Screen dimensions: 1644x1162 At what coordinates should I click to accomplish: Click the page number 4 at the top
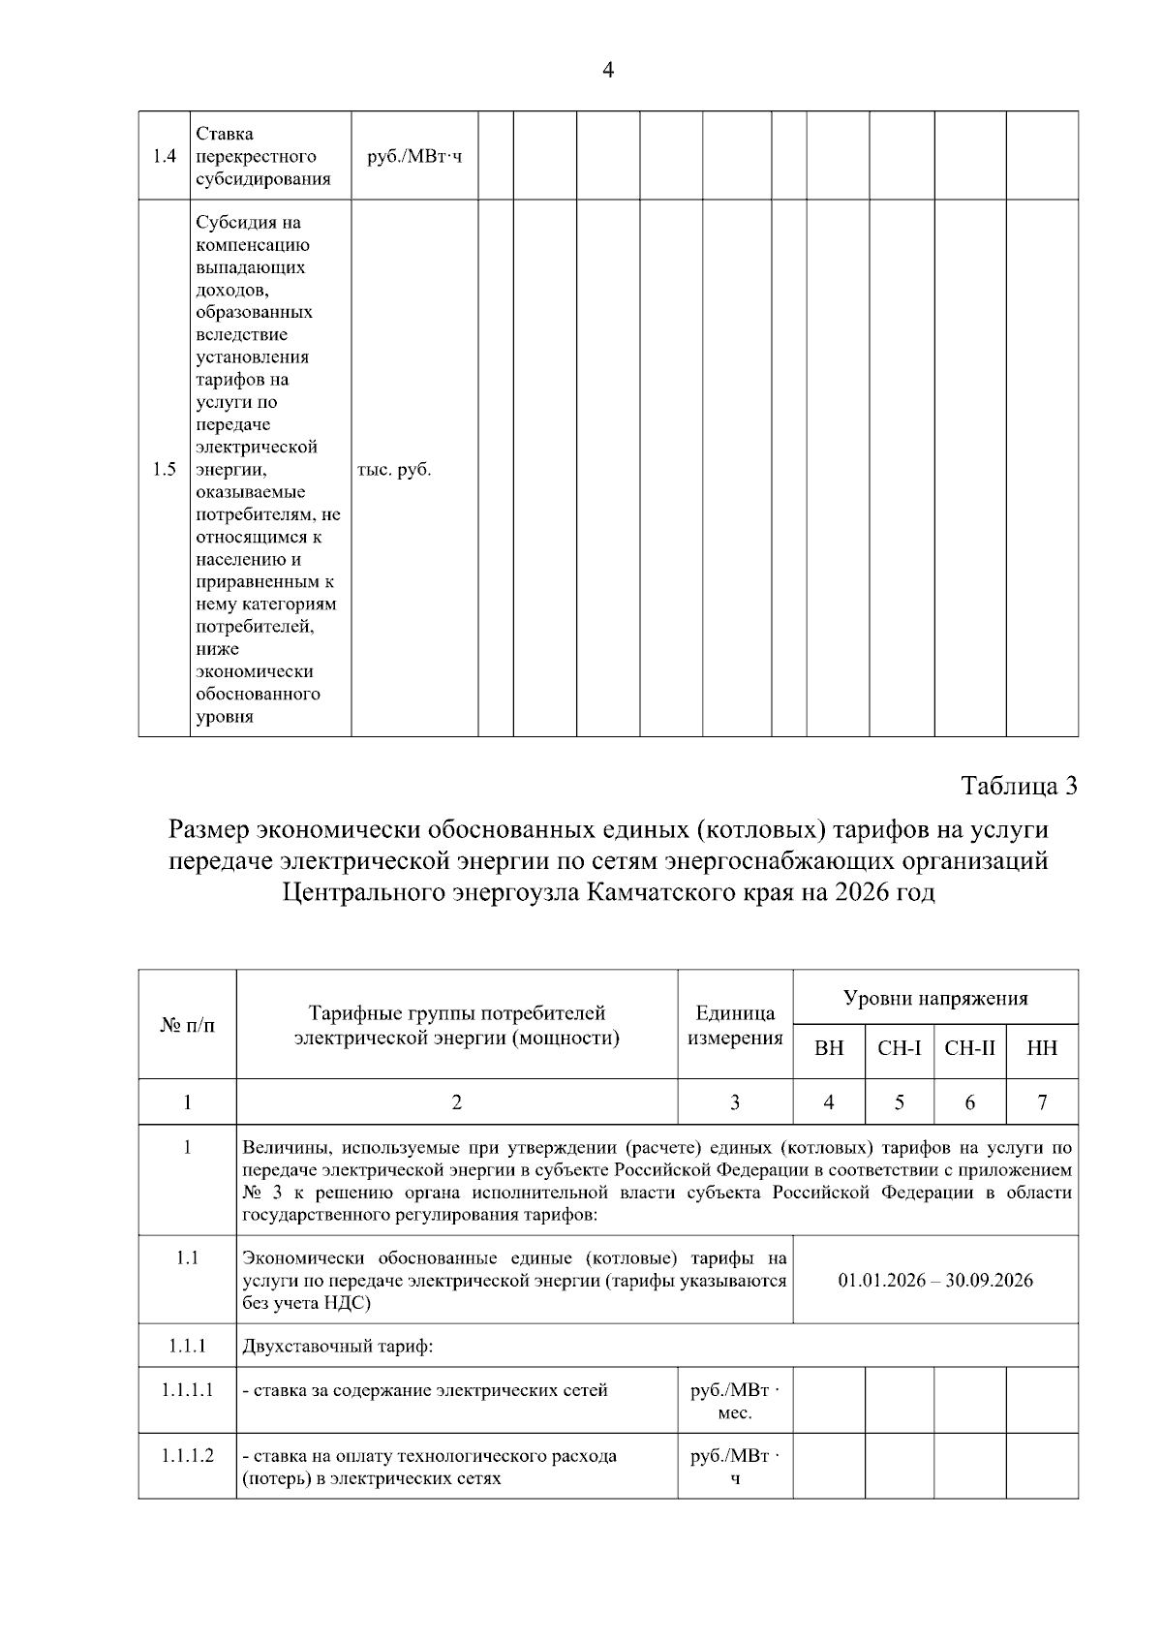click(x=608, y=70)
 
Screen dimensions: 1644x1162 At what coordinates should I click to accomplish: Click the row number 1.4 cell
click(x=164, y=156)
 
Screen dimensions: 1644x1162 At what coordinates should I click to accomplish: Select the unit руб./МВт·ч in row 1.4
click(x=414, y=156)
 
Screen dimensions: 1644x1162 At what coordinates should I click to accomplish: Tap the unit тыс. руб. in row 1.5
click(x=394, y=470)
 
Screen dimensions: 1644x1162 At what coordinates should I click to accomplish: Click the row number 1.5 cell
click(x=164, y=470)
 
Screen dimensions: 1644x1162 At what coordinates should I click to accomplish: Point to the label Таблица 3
click(x=1019, y=786)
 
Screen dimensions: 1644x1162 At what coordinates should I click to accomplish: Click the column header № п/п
click(x=187, y=1024)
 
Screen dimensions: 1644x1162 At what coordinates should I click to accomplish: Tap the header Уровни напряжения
click(x=935, y=998)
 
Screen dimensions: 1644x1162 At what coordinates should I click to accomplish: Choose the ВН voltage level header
click(x=829, y=1048)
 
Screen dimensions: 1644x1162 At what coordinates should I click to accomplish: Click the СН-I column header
click(x=900, y=1048)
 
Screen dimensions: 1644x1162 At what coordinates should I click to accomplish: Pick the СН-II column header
click(x=970, y=1048)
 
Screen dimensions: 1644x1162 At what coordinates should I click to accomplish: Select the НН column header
click(x=1042, y=1048)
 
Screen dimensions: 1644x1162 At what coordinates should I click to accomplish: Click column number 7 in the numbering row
click(x=1042, y=1102)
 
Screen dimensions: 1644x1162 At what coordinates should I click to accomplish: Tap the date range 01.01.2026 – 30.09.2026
click(x=935, y=1281)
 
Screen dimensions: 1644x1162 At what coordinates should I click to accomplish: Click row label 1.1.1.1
click(x=187, y=1390)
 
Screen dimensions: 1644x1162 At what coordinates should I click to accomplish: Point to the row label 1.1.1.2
click(x=187, y=1456)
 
